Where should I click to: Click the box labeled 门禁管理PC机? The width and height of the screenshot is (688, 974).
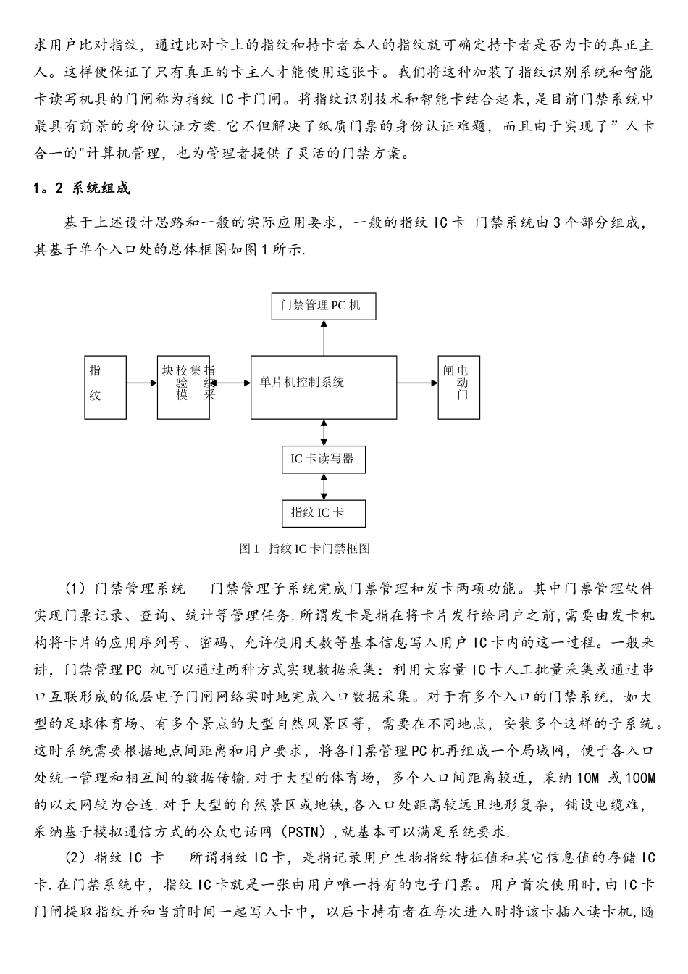pos(324,305)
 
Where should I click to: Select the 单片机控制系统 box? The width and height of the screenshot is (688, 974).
pos(324,387)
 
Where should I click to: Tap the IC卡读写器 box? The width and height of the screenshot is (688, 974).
pos(323,459)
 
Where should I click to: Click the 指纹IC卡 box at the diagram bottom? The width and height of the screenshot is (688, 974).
pos(323,512)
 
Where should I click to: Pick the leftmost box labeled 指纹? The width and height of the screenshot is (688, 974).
pos(105,387)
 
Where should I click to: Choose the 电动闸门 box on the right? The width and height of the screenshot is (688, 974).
pos(458,387)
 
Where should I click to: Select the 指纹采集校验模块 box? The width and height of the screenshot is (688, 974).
pos(183,387)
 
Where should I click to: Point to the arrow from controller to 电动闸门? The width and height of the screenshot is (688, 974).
pos(417,383)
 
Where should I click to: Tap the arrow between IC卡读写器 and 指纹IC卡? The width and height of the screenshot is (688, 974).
pos(324,486)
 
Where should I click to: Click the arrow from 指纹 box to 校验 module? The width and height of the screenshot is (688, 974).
pos(142,383)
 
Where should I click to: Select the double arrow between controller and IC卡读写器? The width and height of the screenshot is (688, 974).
pos(324,433)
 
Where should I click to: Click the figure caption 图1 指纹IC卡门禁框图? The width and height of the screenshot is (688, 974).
pos(305,549)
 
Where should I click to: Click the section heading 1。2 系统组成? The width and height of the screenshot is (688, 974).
pos(81,189)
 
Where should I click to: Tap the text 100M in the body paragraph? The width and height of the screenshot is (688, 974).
pos(639,778)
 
